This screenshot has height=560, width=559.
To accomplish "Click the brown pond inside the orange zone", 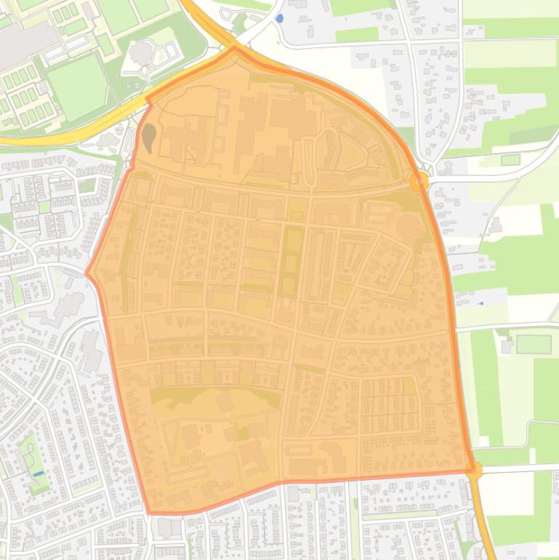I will click(148, 136).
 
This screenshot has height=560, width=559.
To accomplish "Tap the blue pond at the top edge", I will click(280, 17).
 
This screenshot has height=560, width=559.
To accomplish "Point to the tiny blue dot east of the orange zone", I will click(480, 303).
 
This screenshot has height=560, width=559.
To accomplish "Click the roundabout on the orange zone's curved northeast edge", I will click(419, 180).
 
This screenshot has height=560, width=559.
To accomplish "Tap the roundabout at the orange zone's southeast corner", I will click(474, 471).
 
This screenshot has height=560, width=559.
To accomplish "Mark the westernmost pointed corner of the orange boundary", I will click(87, 274).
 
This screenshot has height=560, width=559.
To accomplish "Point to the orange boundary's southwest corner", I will click(150, 513).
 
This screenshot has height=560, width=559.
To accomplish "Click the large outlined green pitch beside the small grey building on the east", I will click(534, 344).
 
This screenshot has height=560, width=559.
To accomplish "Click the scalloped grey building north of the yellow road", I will click(142, 53).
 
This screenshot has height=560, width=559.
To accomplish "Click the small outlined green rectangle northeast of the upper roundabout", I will click(510, 159).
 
